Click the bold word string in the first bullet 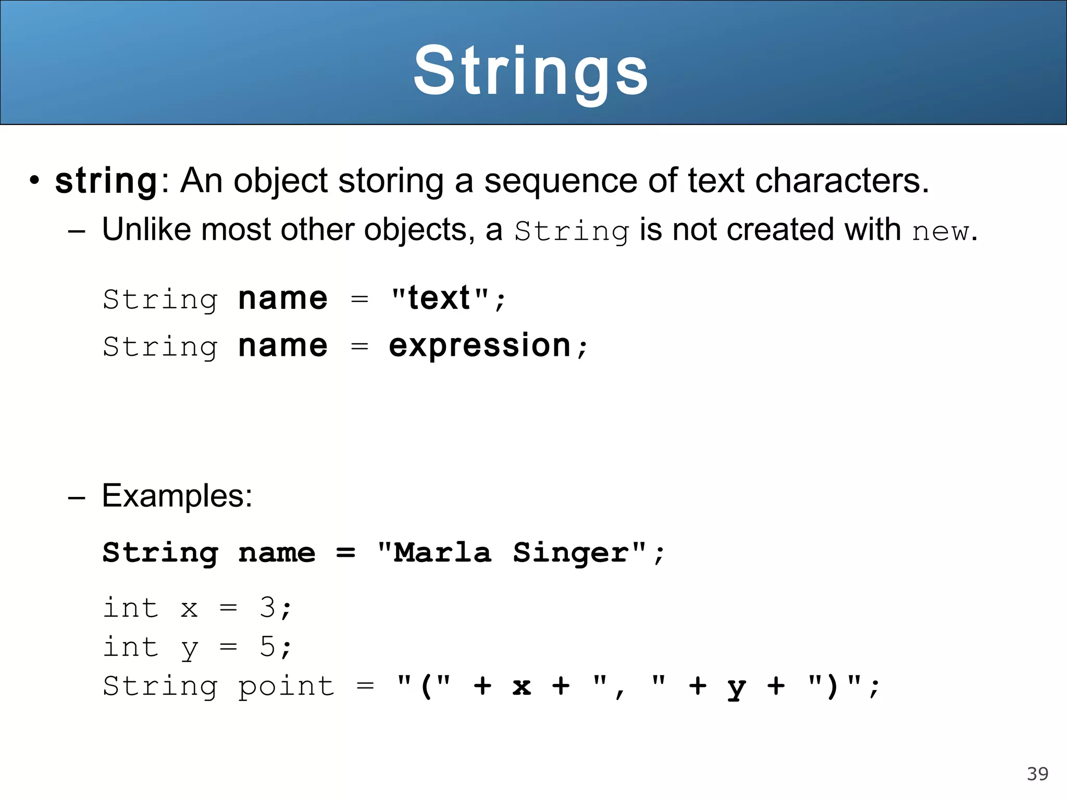click(106, 181)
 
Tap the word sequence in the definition click(561, 181)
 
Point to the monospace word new click(940, 231)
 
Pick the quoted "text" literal click(440, 298)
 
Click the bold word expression click(480, 345)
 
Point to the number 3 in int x click(268, 607)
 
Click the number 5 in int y click(268, 647)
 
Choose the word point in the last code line click(286, 686)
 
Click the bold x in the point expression click(522, 686)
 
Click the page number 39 click(1037, 774)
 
